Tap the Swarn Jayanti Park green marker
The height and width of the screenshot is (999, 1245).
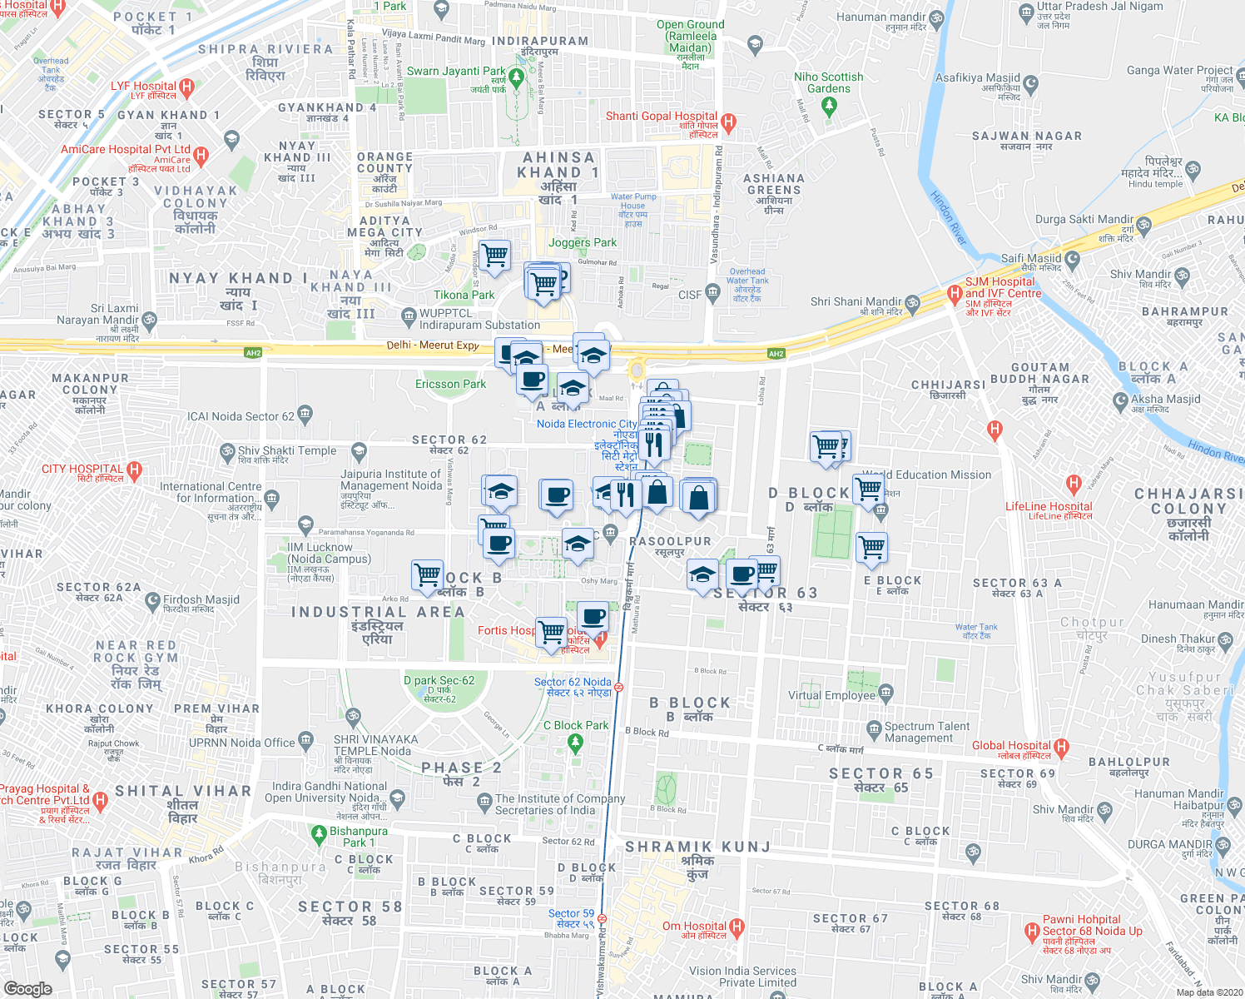click(516, 78)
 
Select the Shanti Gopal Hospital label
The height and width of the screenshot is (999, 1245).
click(662, 117)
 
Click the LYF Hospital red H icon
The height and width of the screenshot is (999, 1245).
click(186, 87)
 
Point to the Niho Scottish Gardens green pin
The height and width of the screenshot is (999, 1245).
click(828, 106)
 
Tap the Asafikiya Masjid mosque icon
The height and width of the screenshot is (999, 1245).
click(1031, 83)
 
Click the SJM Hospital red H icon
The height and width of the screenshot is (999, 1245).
click(955, 293)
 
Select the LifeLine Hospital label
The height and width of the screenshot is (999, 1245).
click(1049, 506)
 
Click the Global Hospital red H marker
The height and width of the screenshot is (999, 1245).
click(1061, 746)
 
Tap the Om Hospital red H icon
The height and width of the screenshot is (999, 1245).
click(737, 927)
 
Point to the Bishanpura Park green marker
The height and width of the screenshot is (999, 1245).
click(318, 832)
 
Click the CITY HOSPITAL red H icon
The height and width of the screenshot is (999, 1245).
click(135, 470)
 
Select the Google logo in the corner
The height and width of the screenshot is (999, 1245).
click(27, 988)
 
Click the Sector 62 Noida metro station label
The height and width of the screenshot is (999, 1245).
click(573, 682)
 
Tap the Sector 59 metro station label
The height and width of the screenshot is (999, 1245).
click(571, 913)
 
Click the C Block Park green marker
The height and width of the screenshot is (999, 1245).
click(575, 741)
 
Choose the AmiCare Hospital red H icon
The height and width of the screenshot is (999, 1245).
click(201, 155)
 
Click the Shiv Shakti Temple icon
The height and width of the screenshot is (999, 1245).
click(227, 452)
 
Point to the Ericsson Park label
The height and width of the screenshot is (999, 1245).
click(450, 384)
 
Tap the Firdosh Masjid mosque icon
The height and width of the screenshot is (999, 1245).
click(152, 599)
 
